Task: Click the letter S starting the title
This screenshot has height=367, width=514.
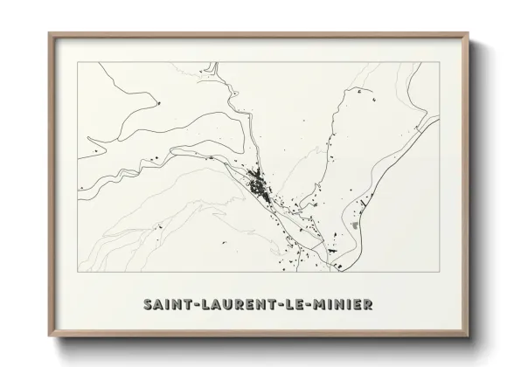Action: point(145,305)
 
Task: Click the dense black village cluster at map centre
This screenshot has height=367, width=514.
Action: point(259,183)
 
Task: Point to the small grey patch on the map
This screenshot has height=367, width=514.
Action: point(354,225)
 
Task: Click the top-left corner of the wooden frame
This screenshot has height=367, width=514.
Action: point(49,33)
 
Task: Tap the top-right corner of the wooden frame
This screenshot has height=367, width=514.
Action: point(468,33)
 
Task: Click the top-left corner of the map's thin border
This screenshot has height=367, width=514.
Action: point(78,63)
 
